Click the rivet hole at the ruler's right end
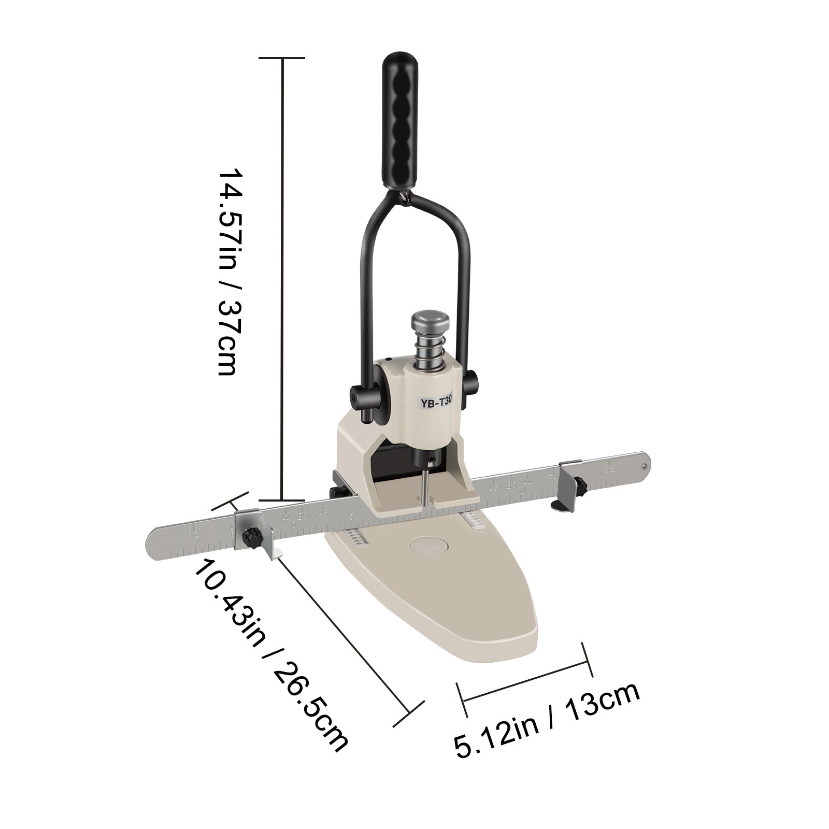[644, 465]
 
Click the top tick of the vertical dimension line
[282, 58]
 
